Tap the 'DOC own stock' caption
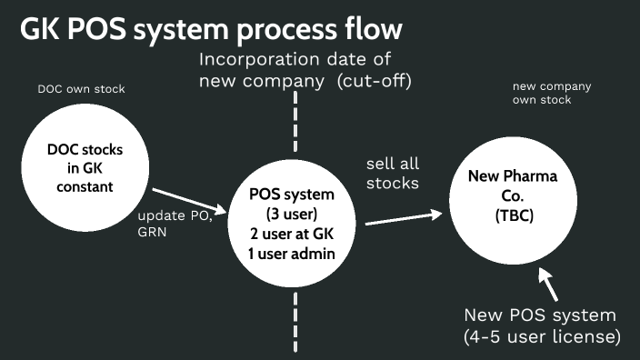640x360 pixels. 81,89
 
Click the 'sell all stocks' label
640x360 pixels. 393,174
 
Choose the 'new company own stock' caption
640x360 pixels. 551,93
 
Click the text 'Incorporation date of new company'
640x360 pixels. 295,72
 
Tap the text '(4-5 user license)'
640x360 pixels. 541,337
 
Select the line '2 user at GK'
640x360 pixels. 292,235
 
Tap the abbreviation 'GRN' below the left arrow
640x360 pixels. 152,232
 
